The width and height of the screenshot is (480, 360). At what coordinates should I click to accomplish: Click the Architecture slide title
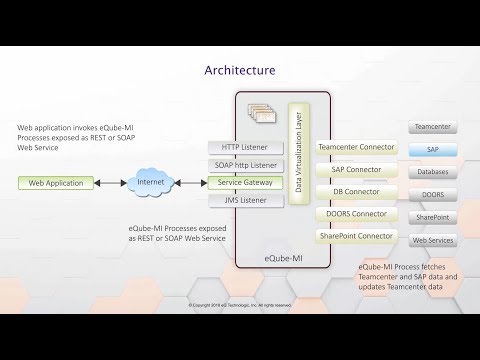pyautogui.click(x=239, y=70)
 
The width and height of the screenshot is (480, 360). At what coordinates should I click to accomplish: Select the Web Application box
pyautogui.click(x=55, y=183)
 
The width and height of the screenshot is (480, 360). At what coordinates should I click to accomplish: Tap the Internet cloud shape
pyautogui.click(x=148, y=183)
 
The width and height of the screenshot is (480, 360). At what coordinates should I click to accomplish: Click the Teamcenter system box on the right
pyautogui.click(x=432, y=127)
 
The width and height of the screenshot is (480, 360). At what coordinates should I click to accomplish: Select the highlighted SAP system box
pyautogui.click(x=432, y=149)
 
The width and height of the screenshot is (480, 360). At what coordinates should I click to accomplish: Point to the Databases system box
pyautogui.click(x=432, y=172)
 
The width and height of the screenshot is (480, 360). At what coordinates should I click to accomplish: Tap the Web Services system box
pyautogui.click(x=432, y=240)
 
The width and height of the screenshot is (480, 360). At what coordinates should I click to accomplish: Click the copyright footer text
pyautogui.click(x=239, y=304)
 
